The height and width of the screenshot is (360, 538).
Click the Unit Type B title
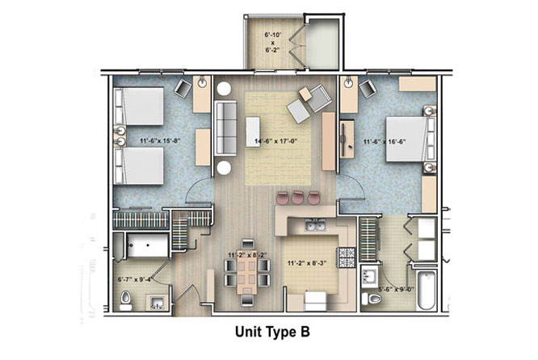(272, 332)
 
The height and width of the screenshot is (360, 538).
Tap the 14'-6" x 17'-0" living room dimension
(275, 140)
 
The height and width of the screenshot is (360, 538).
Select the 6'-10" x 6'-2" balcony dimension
(273, 42)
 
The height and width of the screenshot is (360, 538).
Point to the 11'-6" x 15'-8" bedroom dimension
(160, 140)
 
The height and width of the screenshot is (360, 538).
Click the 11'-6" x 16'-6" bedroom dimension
(385, 141)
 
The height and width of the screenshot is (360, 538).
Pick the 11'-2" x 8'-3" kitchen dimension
(306, 263)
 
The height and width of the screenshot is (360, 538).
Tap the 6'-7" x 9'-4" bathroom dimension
(135, 279)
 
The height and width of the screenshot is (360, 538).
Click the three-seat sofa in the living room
(225, 128)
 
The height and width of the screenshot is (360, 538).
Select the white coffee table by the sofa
(253, 132)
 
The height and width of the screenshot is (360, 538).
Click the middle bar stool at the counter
(297, 198)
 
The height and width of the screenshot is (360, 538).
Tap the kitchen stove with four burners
(346, 257)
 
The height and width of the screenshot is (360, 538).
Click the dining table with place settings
(246, 273)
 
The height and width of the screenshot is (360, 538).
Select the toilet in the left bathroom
(125, 301)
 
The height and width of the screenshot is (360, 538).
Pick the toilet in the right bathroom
(372, 299)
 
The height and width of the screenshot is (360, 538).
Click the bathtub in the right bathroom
(427, 290)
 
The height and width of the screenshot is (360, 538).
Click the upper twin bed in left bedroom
(139, 107)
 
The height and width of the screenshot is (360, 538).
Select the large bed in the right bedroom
(410, 139)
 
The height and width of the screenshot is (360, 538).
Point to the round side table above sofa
(224, 89)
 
